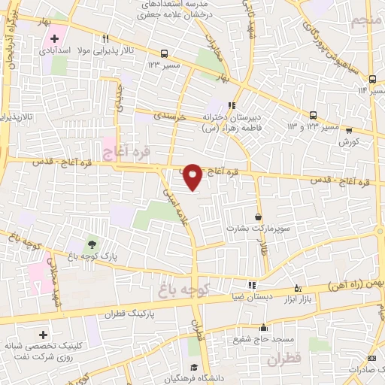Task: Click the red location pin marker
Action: pyautogui.click(x=193, y=177)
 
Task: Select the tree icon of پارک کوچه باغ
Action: pyautogui.click(x=92, y=244)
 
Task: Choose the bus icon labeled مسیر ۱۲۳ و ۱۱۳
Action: pyautogui.click(x=314, y=115)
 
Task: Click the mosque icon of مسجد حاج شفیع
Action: pyautogui.click(x=263, y=327)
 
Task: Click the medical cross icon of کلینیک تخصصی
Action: pyautogui.click(x=41, y=334)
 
